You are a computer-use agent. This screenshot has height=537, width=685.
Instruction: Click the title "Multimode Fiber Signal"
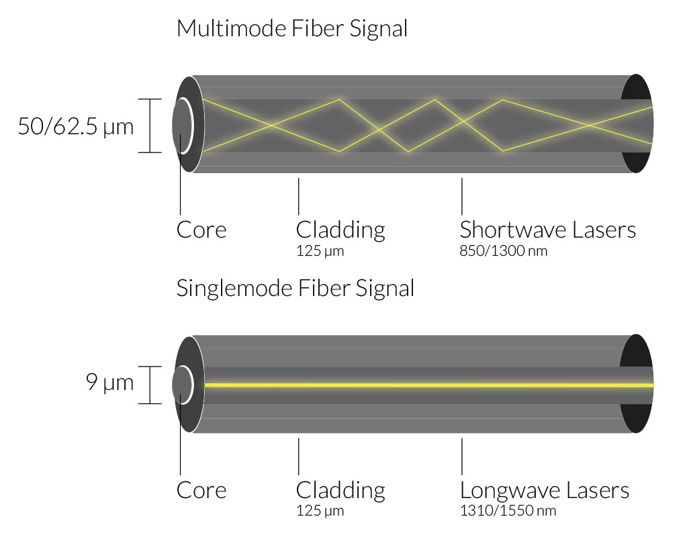(291, 29)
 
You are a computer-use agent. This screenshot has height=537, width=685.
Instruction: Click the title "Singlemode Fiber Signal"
(295, 288)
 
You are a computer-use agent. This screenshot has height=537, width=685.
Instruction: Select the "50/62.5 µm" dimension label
(76, 126)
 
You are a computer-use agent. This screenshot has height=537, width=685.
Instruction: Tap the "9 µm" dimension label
(110, 385)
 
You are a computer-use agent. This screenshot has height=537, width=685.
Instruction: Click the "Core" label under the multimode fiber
(201, 230)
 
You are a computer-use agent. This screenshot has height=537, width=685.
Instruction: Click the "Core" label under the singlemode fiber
(201, 490)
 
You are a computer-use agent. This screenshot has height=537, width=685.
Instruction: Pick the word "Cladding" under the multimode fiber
(340, 230)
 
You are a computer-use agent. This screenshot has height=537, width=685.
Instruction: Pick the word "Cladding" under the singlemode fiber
(340, 490)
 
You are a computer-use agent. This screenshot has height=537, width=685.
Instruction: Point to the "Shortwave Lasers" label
(547, 230)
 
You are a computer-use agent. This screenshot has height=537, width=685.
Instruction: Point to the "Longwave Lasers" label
(544, 490)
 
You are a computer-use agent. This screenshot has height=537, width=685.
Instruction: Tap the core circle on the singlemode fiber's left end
(182, 385)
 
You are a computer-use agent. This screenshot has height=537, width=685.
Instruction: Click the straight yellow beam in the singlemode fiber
(416, 385)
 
